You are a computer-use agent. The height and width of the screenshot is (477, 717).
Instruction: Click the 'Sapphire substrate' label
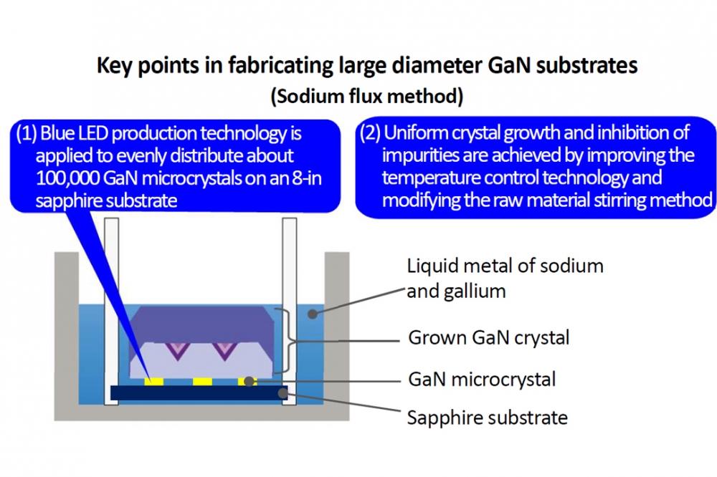tap(488, 418)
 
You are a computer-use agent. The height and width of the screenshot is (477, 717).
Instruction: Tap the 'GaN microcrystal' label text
tap(482, 379)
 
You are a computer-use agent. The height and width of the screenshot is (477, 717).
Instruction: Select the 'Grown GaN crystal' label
tap(489, 337)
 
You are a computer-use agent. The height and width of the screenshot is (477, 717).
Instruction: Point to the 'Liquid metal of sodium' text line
tap(505, 266)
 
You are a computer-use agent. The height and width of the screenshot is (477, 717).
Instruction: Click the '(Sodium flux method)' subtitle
tap(367, 97)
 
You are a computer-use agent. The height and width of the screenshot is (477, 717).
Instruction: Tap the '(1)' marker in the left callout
tap(26, 133)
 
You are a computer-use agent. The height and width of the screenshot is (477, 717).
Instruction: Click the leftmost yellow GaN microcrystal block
tap(153, 382)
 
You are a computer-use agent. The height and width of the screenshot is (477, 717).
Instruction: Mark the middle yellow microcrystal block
tap(202, 382)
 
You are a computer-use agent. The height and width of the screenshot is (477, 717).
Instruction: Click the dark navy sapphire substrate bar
tap(199, 393)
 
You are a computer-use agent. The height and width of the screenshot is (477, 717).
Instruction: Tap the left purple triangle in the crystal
tap(177, 350)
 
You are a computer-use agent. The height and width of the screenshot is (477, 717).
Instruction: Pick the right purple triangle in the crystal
tap(224, 350)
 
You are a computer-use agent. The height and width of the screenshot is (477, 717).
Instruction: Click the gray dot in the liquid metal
tap(313, 314)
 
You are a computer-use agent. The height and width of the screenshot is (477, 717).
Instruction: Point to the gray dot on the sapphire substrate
tap(283, 392)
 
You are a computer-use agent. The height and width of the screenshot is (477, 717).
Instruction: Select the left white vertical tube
tap(112, 311)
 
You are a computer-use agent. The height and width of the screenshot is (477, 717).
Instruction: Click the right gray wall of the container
tap(337, 336)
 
